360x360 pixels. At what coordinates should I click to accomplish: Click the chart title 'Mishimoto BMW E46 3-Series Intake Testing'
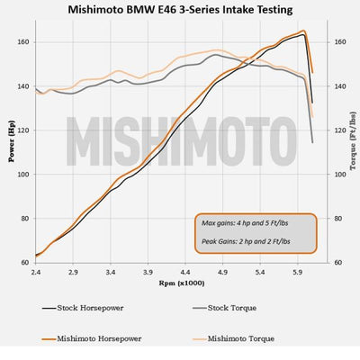point(179,11)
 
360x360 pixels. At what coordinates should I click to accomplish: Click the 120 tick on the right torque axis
point(330,130)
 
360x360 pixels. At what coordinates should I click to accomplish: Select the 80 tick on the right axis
point(328,219)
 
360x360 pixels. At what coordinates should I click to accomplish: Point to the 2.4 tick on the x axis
point(35,271)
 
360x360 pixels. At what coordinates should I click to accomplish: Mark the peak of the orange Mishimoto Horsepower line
point(303,31)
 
